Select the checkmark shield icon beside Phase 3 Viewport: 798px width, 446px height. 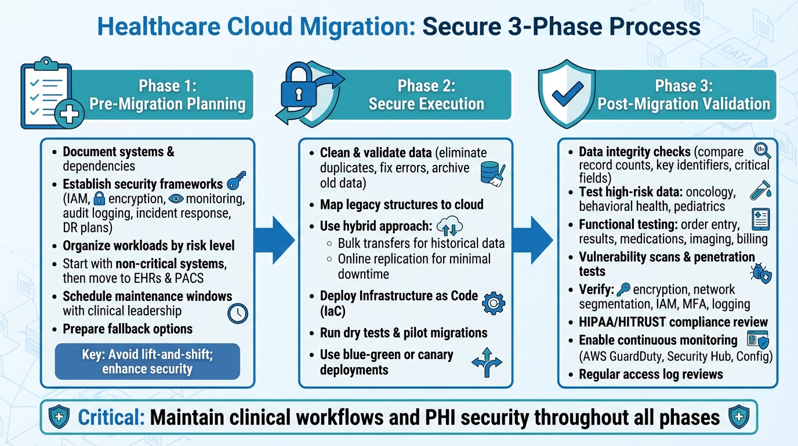coord(567,95)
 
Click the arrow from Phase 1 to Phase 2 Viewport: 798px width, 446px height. coord(276,240)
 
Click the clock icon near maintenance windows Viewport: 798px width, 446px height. coord(238,313)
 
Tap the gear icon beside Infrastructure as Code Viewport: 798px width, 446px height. coord(494,303)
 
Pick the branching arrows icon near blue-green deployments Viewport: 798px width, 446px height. coord(486,362)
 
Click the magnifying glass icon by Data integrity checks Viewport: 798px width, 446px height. coord(761,151)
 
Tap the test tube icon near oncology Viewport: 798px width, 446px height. coord(760,190)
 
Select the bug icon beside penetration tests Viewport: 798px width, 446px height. coord(760,272)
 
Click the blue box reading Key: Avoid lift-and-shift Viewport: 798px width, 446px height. coord(147,361)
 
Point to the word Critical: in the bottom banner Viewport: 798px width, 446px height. coord(111,417)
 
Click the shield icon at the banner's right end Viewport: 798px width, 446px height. coord(738,417)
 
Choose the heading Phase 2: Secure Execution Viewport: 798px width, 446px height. coord(426,95)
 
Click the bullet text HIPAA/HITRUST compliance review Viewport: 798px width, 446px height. coord(673,322)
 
